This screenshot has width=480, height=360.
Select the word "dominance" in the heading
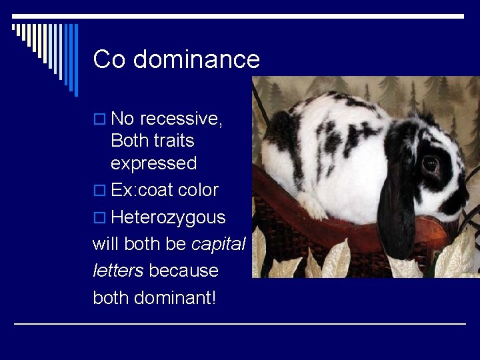point(196,59)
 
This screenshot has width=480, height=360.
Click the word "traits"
point(172,141)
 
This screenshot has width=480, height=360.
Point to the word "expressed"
point(153,163)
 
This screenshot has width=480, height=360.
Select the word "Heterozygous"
point(168,217)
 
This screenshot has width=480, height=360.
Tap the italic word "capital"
point(219,244)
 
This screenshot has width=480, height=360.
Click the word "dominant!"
point(175,297)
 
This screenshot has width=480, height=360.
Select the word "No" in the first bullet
point(123,119)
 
